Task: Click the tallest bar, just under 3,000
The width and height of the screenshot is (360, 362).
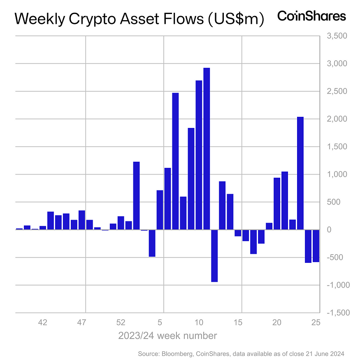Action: (207, 149)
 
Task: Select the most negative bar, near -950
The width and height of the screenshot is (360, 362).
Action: (214, 255)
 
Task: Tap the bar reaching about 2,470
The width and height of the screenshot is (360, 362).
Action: (175, 161)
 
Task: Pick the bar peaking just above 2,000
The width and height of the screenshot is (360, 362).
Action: (300, 173)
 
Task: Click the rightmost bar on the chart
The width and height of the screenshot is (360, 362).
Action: (316, 246)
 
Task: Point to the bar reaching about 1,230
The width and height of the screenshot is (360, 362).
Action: (136, 195)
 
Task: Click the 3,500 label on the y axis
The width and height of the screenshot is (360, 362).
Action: (337, 36)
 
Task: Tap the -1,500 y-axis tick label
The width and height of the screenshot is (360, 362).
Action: (337, 313)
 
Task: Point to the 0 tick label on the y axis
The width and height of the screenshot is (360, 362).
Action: (329, 230)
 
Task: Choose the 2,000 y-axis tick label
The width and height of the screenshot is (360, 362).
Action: (337, 119)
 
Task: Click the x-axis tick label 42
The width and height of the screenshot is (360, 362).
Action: (42, 323)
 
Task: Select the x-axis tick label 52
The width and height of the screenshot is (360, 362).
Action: (121, 323)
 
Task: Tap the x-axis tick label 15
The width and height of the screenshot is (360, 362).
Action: (238, 323)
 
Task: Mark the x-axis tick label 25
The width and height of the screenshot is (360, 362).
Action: (315, 323)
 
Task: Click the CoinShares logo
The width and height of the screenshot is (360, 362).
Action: (311, 16)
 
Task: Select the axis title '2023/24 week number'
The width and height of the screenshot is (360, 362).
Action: (167, 336)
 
